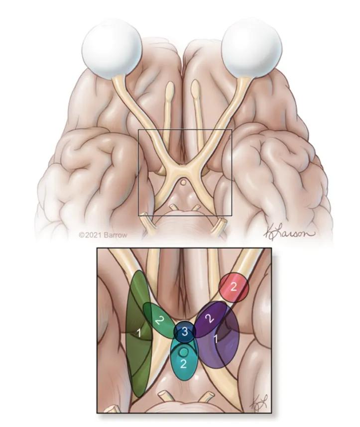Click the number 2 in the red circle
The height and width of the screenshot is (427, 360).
pos(233,287)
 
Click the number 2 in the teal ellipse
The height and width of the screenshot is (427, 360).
pos(183,364)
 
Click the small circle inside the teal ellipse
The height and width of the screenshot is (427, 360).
pos(184,352)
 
